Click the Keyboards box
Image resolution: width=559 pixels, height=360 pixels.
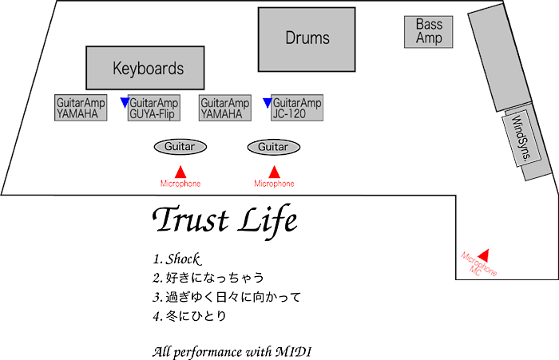148,68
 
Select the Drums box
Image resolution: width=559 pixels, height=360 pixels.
307,38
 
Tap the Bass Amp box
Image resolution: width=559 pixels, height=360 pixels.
429,32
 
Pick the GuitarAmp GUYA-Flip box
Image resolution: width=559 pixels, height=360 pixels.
153,109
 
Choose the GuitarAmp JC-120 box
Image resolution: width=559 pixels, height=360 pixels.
296,109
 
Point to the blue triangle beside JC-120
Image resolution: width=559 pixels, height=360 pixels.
268,102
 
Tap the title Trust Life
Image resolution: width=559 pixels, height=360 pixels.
224,220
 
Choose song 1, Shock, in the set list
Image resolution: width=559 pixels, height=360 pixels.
175,259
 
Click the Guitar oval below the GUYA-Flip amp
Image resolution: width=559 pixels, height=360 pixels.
180,147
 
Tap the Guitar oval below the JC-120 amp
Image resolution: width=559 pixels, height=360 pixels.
273,147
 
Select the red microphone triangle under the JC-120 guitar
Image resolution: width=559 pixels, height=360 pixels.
274,172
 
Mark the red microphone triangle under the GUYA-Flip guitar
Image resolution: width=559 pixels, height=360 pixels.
180,172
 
